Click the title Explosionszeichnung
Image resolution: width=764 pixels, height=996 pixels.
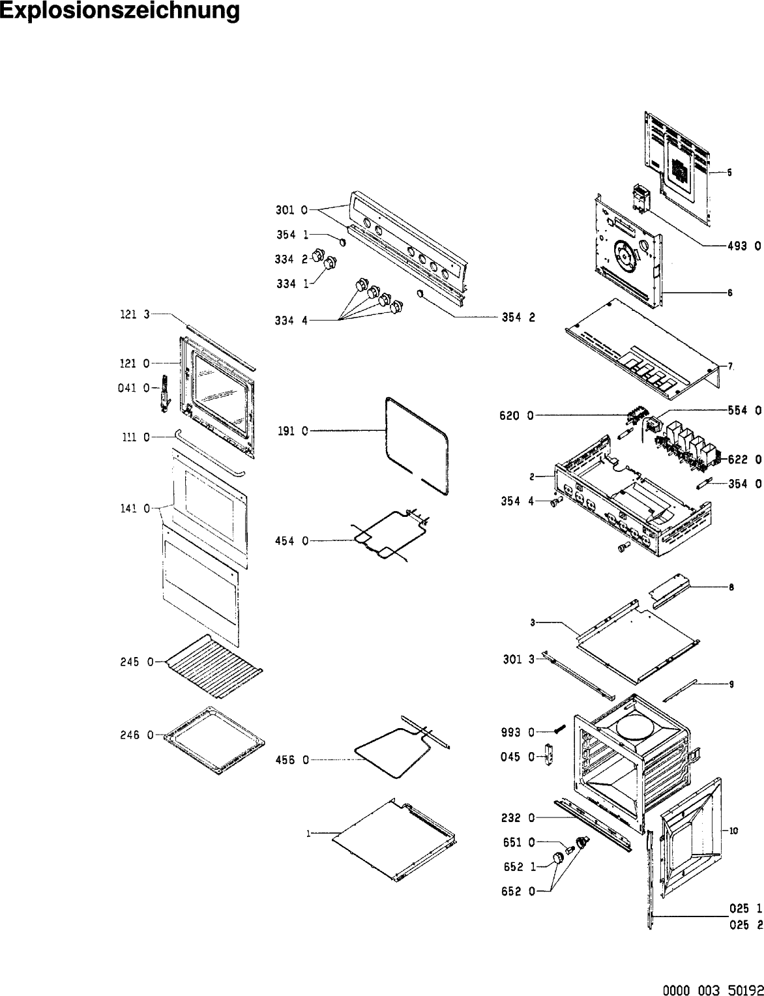[119, 11]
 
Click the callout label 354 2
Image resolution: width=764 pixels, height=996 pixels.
[518, 317]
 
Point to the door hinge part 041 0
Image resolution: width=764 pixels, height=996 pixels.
[164, 393]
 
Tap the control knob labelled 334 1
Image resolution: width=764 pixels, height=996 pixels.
[331, 263]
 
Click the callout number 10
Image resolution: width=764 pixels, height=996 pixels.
[733, 830]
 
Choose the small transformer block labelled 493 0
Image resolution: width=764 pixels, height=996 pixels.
[640, 197]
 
